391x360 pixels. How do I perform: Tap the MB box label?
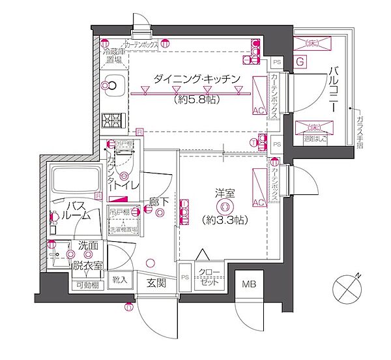click(x=248, y=284)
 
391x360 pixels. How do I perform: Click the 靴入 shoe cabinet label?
click(x=120, y=280)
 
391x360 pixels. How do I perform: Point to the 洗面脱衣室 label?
click(x=87, y=256)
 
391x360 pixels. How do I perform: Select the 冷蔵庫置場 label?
click(x=111, y=55)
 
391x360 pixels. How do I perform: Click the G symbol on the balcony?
click(x=300, y=62)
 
